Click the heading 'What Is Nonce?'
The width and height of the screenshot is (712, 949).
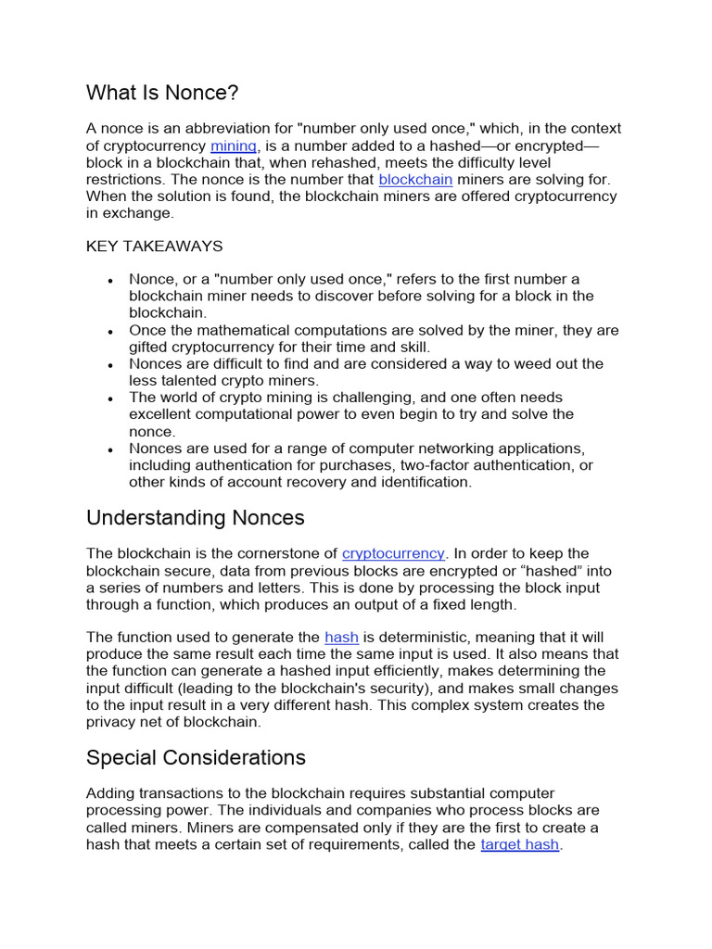click(x=162, y=93)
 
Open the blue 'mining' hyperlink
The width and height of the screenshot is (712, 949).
click(x=234, y=146)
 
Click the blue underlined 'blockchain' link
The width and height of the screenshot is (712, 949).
click(x=415, y=179)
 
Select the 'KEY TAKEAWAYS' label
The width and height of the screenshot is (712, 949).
click(x=154, y=247)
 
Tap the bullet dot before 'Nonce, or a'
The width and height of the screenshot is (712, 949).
click(x=110, y=281)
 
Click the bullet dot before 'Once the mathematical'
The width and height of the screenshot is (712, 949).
click(x=110, y=332)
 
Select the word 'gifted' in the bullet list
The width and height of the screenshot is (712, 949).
click(x=149, y=347)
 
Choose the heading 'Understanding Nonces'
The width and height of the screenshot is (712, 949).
click(x=196, y=517)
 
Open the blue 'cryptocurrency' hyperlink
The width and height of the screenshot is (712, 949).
click(x=393, y=553)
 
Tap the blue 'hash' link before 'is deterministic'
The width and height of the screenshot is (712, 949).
click(x=341, y=637)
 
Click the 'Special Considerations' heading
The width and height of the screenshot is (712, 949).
click(x=196, y=757)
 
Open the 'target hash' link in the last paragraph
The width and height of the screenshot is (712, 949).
click(x=519, y=845)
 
